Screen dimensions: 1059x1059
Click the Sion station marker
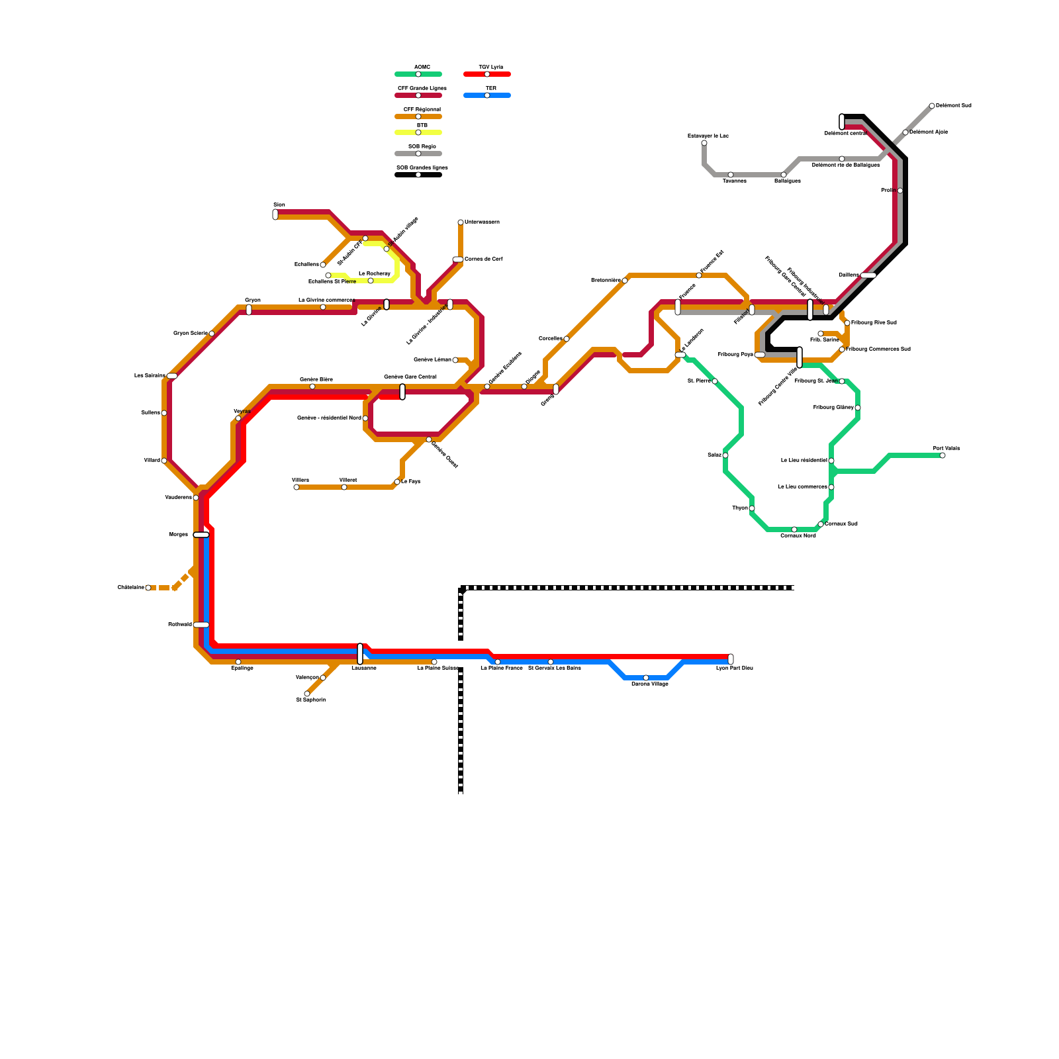coord(275,214)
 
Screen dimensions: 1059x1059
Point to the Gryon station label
coord(253,300)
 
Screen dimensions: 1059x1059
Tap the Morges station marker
coord(201,535)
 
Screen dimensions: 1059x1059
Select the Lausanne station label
coord(364,668)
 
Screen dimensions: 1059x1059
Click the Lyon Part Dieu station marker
coord(731,659)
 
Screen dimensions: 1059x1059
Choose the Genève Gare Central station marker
coord(402,392)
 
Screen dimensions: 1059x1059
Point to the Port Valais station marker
coord(943,455)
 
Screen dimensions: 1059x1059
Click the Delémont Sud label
coord(954,106)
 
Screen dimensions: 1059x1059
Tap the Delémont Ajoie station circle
coord(905,132)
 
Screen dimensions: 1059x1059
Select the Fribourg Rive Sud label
coord(874,323)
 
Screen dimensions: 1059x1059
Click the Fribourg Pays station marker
coord(760,355)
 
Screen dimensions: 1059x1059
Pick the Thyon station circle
coord(752,508)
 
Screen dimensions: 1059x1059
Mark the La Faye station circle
coord(397,482)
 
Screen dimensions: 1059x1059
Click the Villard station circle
coord(164,461)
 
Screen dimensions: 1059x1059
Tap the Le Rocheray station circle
coord(371,281)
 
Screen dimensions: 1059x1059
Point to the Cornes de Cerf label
coord(484,259)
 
